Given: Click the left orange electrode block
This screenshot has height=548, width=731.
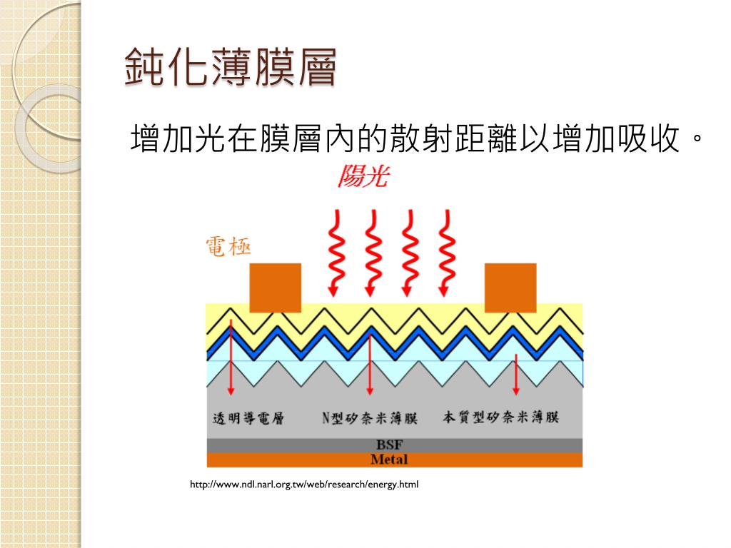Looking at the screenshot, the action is (x=275, y=288).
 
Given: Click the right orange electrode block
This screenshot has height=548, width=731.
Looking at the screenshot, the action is (x=510, y=288).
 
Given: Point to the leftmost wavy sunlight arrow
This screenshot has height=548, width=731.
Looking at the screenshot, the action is (x=333, y=253).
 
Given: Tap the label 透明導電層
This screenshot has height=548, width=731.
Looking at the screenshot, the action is (x=249, y=417).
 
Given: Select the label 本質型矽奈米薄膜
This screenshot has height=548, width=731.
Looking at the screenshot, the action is (x=500, y=417).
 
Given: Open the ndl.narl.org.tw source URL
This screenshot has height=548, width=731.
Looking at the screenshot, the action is (x=304, y=485).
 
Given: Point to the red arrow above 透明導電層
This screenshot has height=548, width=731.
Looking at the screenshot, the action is (x=231, y=357).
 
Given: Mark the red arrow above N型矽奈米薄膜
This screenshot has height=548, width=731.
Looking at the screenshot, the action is (x=369, y=364).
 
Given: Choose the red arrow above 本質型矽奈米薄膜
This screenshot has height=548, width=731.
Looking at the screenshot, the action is (x=516, y=375).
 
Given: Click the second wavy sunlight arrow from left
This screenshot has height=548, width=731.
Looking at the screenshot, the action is (x=370, y=253).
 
